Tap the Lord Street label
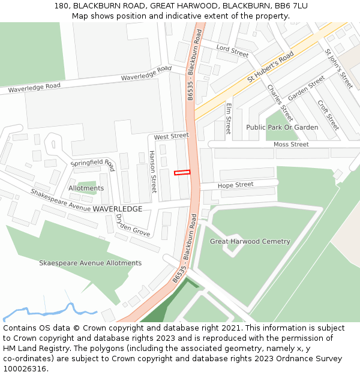tap(232, 50)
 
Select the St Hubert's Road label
tap(270, 67)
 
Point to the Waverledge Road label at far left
tap(34, 87)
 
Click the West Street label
tap(171, 137)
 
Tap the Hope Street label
tap(236, 185)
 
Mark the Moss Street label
tap(291, 145)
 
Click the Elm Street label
tap(229, 118)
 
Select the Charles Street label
tap(280, 103)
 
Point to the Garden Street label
tap(306, 88)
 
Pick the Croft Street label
tap(328, 115)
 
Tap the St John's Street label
tap(339, 68)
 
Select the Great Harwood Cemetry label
tap(250, 242)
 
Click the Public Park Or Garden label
tap(282, 127)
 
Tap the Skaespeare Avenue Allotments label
tap(90, 263)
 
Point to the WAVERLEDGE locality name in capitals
tap(118, 209)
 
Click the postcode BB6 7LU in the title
tap(291, 5)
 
